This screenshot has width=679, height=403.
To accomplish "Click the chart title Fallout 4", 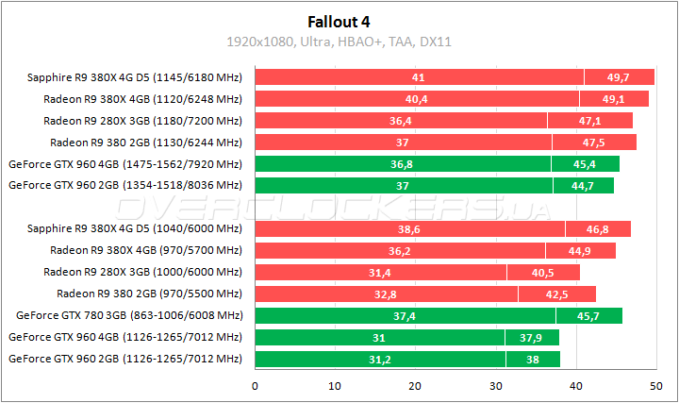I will coord(339,20).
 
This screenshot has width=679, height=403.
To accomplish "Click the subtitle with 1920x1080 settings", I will coord(339,42).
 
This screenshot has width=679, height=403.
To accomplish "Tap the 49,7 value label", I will coord(619,77).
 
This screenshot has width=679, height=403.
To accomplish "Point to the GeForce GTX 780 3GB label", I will coord(129,315).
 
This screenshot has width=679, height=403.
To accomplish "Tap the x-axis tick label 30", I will coord(496,385).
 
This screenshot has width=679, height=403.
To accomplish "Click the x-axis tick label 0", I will coord(255,385).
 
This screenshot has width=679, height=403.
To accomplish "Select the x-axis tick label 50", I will coord(656,385).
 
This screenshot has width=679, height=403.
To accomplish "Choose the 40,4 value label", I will coord(417,99).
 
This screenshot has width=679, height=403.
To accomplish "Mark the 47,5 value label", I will coord(594,143).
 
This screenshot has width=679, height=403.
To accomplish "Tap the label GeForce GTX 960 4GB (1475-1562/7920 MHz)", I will coord(124,164).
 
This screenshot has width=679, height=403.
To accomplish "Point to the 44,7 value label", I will coord(583,186).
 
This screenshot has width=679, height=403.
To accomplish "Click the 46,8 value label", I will coord(597,229).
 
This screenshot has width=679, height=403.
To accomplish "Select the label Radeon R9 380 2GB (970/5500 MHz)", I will coord(149,294).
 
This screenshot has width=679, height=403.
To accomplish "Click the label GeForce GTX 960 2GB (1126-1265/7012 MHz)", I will coord(124,359).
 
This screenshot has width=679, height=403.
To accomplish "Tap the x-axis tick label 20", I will coord(416,385).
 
